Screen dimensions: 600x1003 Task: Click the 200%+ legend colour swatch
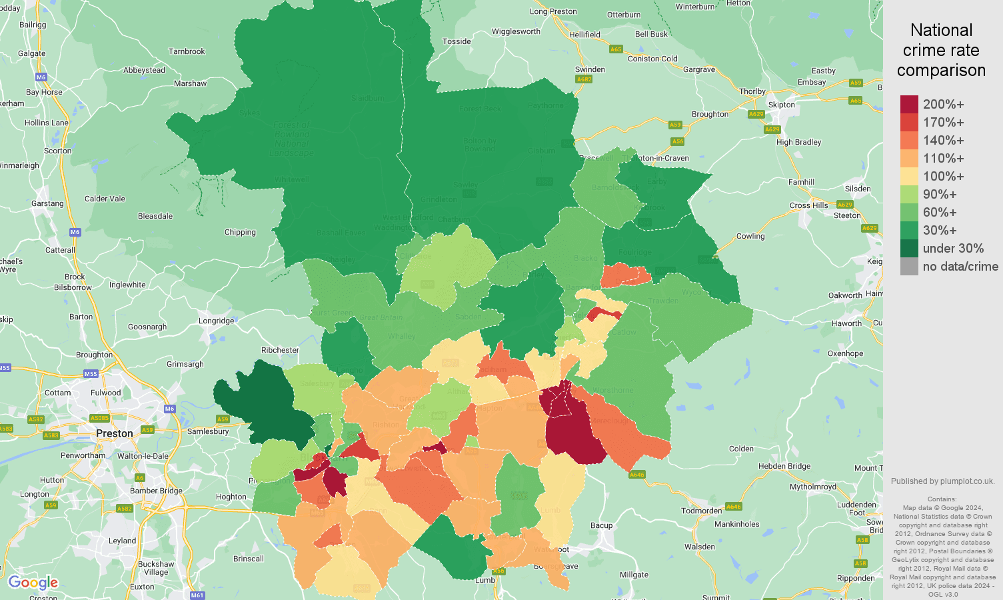coord(909,104)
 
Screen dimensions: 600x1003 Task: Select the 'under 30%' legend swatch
coord(909,248)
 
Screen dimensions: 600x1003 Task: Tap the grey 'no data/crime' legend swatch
coord(909,266)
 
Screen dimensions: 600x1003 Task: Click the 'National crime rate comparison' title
coord(941,50)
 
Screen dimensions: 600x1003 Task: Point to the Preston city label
coord(115,433)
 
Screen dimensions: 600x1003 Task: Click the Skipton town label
coord(781,105)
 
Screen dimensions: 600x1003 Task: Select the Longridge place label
coord(216,321)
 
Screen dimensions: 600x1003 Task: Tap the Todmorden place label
coord(701,511)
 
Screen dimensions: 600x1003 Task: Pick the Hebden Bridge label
coord(784,466)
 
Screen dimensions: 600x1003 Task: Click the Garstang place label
coord(47,203)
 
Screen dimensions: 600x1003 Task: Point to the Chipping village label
coord(240,232)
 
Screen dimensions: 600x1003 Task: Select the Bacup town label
coord(601,525)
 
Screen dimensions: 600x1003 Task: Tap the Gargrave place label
coord(699,69)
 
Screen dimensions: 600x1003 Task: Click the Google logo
coord(33,583)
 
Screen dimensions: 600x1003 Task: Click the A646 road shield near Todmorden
coord(733,507)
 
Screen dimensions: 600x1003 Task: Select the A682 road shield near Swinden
coord(584,79)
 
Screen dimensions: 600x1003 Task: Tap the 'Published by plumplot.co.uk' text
coord(942,481)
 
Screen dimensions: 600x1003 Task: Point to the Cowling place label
coord(750,236)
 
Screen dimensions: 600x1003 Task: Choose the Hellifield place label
coord(584,35)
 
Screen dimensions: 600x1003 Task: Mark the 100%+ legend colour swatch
coord(909,176)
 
